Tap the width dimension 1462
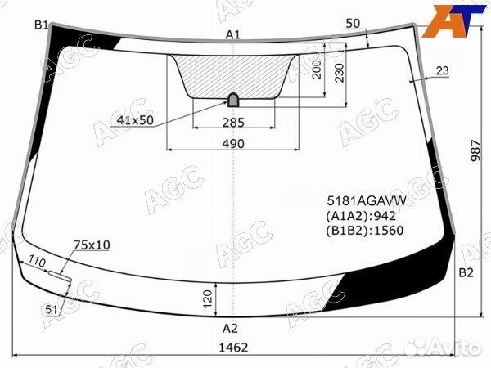[235, 348]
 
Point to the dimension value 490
[234, 144]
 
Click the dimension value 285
[234, 123]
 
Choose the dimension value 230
[339, 76]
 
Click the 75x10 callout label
[92, 245]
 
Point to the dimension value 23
[442, 71]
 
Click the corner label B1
[41, 26]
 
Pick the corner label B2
[466, 272]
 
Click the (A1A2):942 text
[362, 216]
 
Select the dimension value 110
[36, 263]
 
